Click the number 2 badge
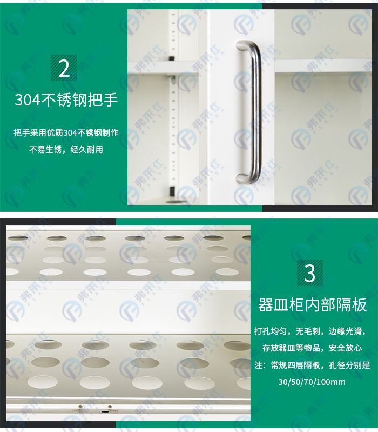tap(64, 68)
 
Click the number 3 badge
tap(310, 273)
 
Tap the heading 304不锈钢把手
tap(66, 99)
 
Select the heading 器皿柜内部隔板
tap(312, 305)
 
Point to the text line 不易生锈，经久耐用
tap(66, 150)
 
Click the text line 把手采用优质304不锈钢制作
tap(66, 133)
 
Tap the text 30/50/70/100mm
tap(312, 382)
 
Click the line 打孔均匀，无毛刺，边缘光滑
tap(310, 331)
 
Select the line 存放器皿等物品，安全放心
tap(312, 348)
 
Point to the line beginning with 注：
tap(312, 365)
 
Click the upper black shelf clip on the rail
tap(172, 59)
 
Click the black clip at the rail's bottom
tap(172, 191)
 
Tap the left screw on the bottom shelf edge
tap(80, 407)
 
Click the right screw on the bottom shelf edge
tap(110, 407)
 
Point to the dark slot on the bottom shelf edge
tap(105, 411)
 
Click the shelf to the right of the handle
tap(323, 65)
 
